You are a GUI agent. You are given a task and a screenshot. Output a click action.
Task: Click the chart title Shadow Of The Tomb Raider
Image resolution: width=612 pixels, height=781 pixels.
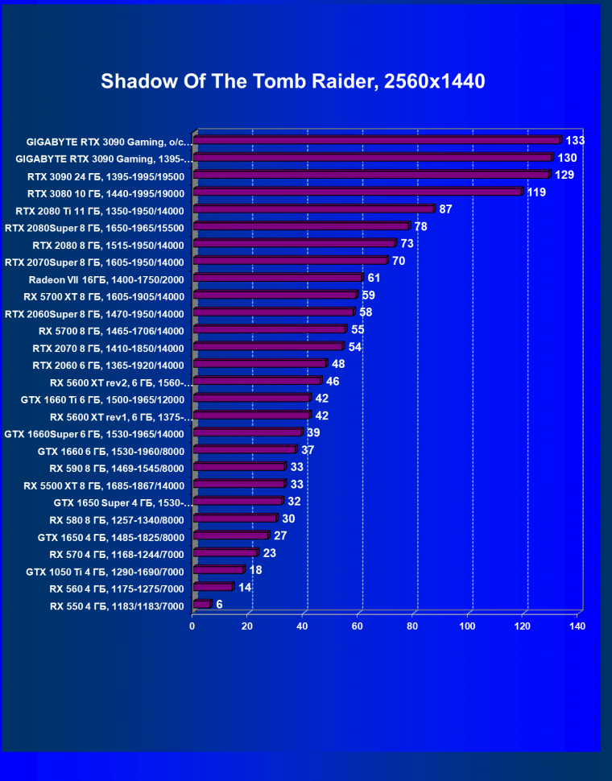(x=293, y=82)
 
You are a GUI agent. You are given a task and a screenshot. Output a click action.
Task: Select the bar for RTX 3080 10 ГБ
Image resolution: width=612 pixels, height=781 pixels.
(x=358, y=192)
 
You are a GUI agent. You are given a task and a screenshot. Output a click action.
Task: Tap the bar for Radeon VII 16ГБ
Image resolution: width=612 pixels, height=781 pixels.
(x=278, y=278)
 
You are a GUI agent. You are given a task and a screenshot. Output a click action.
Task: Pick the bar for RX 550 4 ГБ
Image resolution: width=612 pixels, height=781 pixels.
(x=201, y=604)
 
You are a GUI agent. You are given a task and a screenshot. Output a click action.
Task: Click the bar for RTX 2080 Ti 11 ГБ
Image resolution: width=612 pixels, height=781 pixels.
(x=313, y=209)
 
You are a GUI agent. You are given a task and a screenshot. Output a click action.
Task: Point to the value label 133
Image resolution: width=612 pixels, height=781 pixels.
(x=575, y=140)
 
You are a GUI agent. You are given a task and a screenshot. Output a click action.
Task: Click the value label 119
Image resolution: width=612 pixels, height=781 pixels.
(x=536, y=192)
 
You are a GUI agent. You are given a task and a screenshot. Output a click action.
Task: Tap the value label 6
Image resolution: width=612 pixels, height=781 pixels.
(x=219, y=603)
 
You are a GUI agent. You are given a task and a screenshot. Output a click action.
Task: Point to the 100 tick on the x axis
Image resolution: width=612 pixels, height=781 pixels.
(x=468, y=626)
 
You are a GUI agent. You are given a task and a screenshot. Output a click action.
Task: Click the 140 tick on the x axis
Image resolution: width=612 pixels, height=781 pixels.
(x=577, y=626)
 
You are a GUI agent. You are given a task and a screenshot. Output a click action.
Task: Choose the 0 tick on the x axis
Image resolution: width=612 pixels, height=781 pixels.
(x=192, y=626)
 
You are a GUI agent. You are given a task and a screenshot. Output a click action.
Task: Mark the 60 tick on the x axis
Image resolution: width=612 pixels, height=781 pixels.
(x=358, y=626)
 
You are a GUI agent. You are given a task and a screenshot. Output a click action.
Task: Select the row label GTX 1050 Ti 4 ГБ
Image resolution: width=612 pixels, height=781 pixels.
(x=105, y=572)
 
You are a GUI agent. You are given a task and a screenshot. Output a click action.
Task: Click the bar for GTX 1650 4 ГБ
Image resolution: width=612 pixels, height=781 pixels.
(x=230, y=535)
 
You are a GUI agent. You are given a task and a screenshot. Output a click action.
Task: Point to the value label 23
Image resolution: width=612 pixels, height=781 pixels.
(x=270, y=552)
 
